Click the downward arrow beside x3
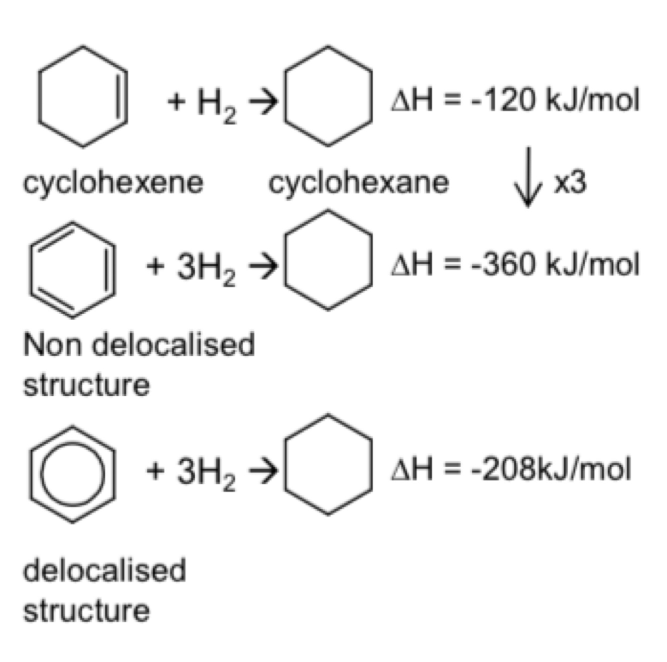click(528, 177)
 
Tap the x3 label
click(570, 183)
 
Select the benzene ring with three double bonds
click(31, 270)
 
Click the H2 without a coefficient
click(217, 104)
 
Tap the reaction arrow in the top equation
click(263, 102)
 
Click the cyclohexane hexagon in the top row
click(285, 97)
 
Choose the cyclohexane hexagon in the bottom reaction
click(285, 464)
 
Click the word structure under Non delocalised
click(86, 385)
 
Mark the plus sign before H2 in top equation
click(176, 102)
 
